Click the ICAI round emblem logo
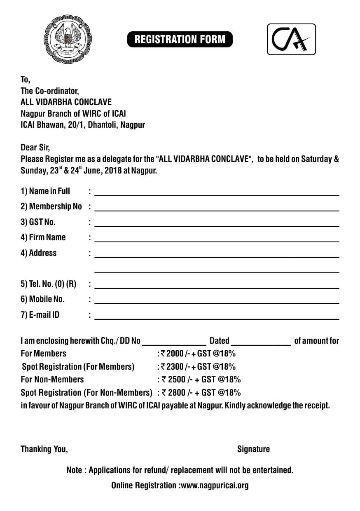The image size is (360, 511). [68, 40]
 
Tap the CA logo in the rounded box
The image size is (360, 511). [291, 39]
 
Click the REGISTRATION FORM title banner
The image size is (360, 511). [180, 40]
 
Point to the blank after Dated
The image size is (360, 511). [261, 342]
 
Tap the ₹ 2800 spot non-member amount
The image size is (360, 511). [176, 392]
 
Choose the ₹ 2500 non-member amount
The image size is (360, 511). [176, 379]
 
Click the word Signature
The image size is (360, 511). [253, 449]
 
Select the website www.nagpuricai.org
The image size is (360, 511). [215, 485]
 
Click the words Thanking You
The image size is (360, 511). [44, 449]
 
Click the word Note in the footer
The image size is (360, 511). [74, 470]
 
